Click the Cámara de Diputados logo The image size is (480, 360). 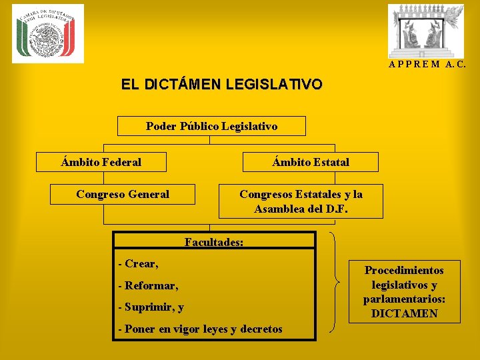tap(48, 33)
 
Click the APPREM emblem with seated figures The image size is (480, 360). tap(427, 31)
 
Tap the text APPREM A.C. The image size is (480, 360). tap(427, 65)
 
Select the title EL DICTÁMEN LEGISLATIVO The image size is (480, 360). tap(221, 85)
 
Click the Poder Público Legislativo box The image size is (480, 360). tap(211, 126)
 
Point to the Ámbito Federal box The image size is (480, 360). tap(101, 162)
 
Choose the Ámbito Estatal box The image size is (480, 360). tap(310, 162)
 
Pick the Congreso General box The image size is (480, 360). tap(123, 195)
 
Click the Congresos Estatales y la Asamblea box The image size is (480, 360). tap(301, 201)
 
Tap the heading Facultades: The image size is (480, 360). tap(214, 242)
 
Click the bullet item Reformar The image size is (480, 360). tap(150, 286)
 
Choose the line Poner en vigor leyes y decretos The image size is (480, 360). tap(199, 329)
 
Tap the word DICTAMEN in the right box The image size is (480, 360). tap(404, 313)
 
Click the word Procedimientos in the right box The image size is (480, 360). tap(404, 270)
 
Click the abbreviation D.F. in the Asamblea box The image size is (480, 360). tap(335, 209)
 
